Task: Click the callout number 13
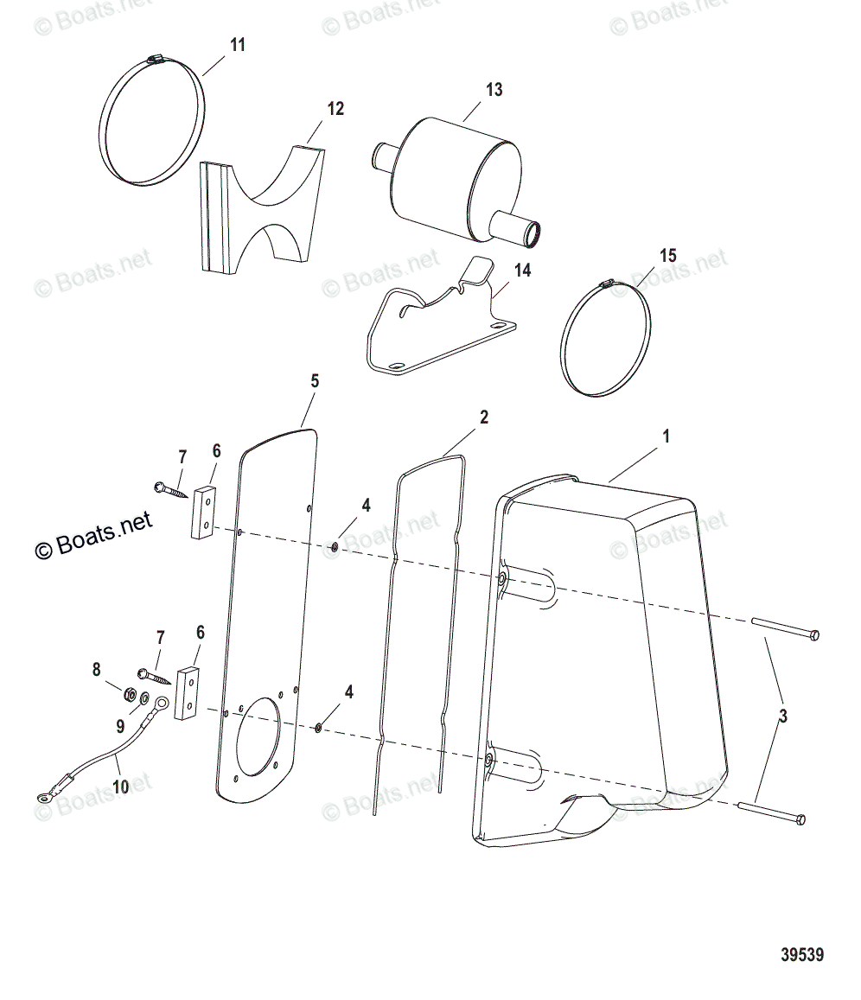[x=494, y=90]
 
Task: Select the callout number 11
[x=238, y=45]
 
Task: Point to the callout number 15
[x=668, y=256]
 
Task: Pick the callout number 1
[x=666, y=437]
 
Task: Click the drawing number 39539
[x=801, y=956]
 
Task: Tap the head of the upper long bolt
[x=813, y=635]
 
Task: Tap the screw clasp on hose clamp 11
[x=156, y=59]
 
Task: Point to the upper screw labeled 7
[x=171, y=489]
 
